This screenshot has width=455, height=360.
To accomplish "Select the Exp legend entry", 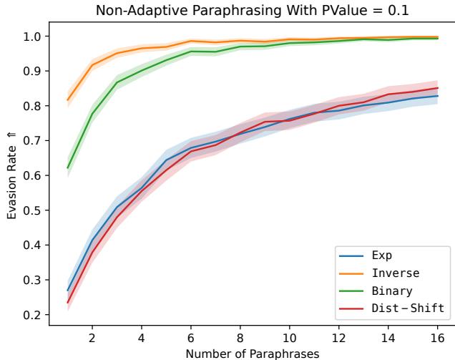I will point(383,255).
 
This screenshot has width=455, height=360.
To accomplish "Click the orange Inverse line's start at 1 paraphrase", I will point(67,100).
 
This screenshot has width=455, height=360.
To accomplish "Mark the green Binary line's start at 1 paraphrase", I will point(67,168).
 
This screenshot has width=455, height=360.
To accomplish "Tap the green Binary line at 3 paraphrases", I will point(117,82).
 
